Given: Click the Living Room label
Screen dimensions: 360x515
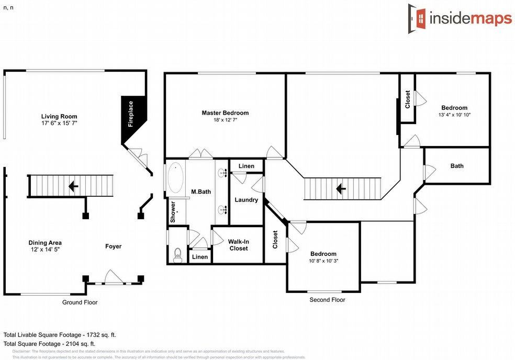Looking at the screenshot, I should coord(59,117).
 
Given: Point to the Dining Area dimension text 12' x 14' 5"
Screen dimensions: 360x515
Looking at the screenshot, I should coord(44,250).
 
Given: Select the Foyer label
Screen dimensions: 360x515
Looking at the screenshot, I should coord(113,246).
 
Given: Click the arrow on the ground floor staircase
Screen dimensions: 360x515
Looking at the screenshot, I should coord(74,186).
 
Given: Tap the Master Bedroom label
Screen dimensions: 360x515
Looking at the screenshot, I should coord(225,113).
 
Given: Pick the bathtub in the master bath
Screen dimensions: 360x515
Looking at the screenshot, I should coord(175,178).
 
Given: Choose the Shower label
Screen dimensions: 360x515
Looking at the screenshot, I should coord(173,212).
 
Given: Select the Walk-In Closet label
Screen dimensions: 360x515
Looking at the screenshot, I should coord(238,245).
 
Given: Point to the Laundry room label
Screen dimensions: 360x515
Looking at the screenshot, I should coord(246,200).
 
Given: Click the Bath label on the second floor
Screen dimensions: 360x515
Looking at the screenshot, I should coord(457,166).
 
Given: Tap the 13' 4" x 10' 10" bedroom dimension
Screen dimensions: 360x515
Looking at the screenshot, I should coord(454,115).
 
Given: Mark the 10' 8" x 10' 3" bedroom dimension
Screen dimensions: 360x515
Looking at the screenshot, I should coord(323,261).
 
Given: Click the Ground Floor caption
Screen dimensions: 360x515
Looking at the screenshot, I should coord(80,302).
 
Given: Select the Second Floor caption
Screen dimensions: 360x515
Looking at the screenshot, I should coord(327,300).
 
